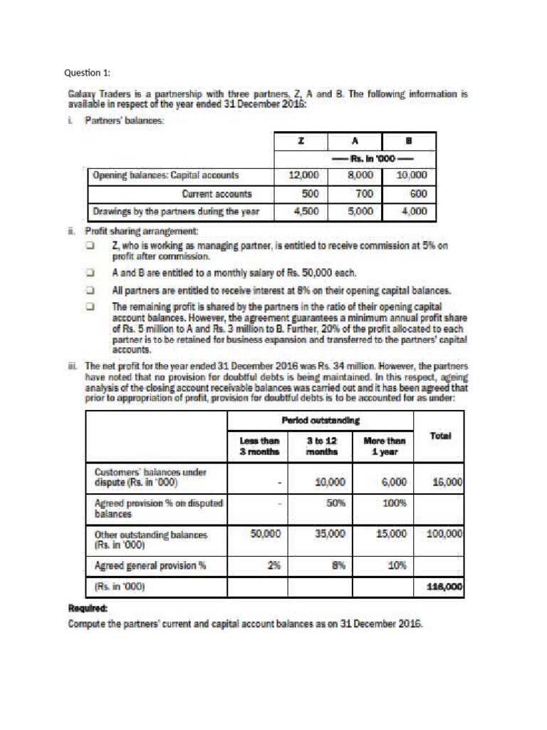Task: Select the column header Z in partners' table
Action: [x=301, y=142]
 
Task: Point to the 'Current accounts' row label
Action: [x=217, y=192]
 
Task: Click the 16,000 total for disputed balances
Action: [x=448, y=481]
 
